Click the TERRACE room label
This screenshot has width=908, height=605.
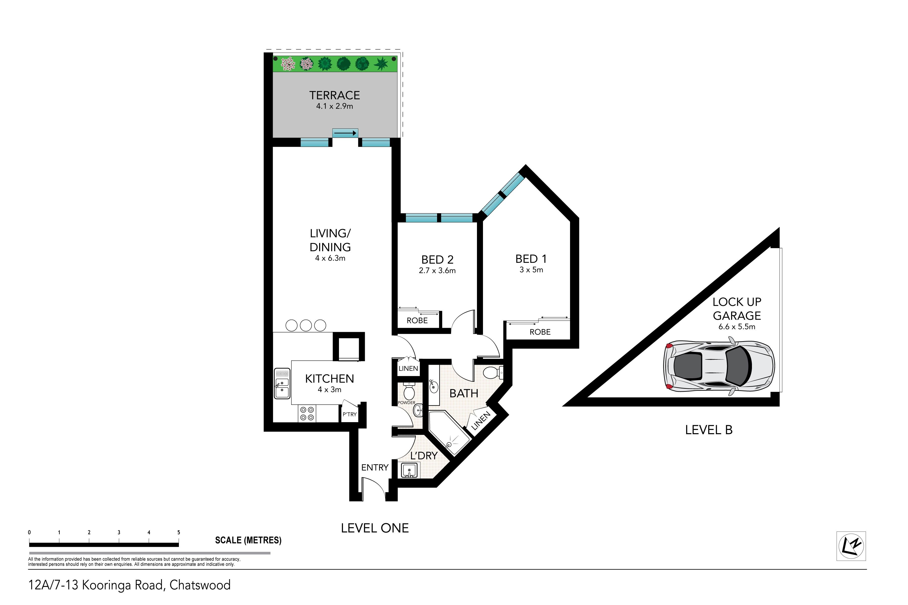pyautogui.click(x=334, y=95)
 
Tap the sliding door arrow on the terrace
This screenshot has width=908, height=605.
pyautogui.click(x=345, y=133)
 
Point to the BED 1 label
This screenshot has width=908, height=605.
pyautogui.click(x=531, y=259)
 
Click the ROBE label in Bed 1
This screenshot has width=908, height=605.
pyautogui.click(x=540, y=332)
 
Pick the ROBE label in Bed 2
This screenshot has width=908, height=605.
pyautogui.click(x=417, y=321)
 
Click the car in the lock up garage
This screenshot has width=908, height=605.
pyautogui.click(x=719, y=368)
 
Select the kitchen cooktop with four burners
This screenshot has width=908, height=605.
pyautogui.click(x=307, y=414)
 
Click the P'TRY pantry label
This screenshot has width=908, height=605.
pyautogui.click(x=350, y=414)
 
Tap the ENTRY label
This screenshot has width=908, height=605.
pyautogui.click(x=375, y=468)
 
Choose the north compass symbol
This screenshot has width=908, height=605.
pyautogui.click(x=851, y=546)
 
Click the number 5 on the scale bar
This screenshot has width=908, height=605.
pyautogui.click(x=179, y=533)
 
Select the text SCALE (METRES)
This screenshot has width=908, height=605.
pyautogui.click(x=248, y=540)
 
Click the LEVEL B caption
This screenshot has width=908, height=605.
pyautogui.click(x=709, y=430)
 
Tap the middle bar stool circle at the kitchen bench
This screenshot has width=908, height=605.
pyautogui.click(x=306, y=325)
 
